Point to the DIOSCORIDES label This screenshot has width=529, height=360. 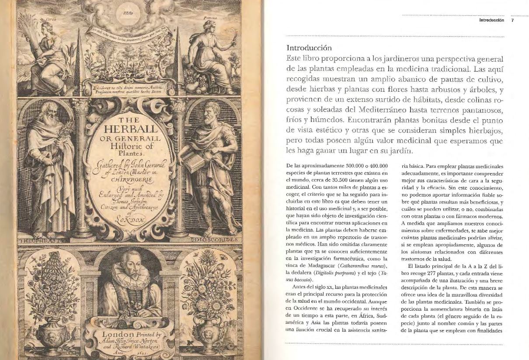click(x=215, y=240)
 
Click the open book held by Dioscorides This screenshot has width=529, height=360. click(x=191, y=152)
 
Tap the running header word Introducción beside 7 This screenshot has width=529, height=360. click(x=492, y=20)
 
